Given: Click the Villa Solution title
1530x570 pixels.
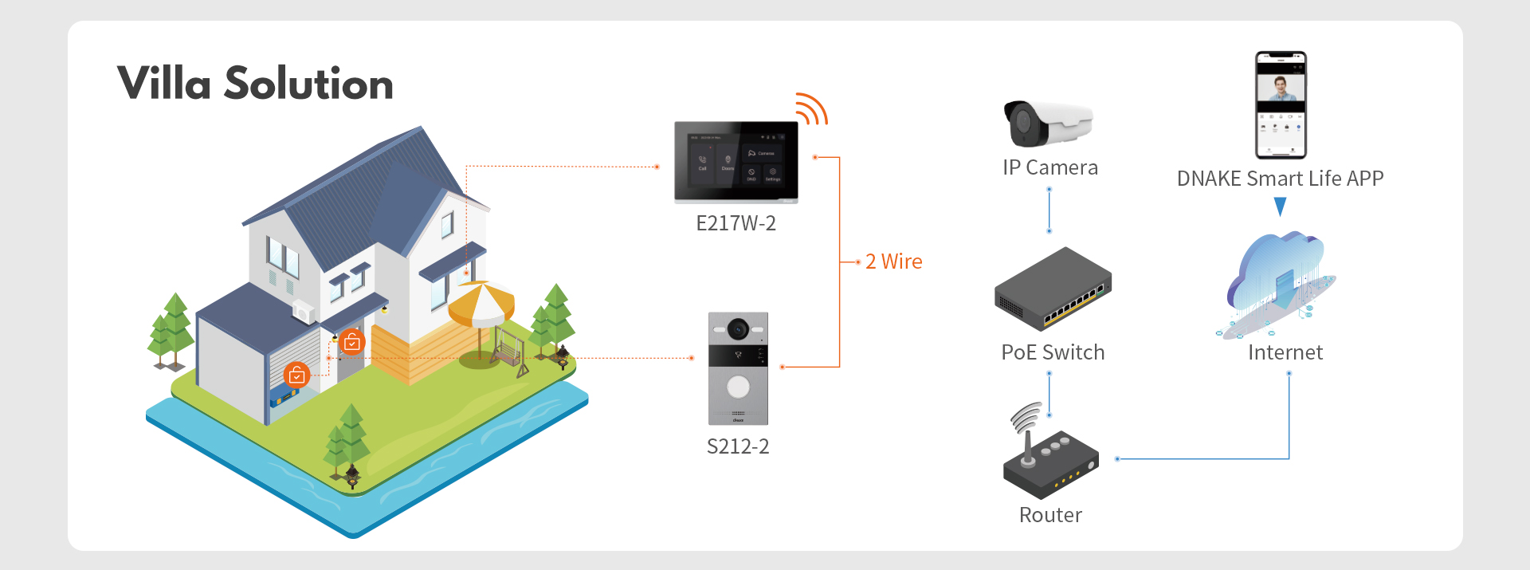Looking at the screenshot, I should (255, 84).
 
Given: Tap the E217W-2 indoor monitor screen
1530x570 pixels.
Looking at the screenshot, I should (736, 161).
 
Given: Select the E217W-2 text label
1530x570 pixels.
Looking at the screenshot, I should (736, 223).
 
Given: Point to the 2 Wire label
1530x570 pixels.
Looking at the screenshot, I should (893, 261).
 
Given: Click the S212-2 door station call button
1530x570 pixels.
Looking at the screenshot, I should (738, 387).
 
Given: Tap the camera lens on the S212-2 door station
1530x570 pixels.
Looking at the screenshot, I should (738, 328).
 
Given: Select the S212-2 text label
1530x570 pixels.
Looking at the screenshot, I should (738, 446).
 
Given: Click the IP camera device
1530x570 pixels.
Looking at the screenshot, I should (1047, 124).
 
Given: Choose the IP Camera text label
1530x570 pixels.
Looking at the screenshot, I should (1049, 167).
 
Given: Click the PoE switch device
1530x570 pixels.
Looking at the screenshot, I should (1052, 289).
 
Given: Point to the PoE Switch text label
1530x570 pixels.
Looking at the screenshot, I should (1053, 352).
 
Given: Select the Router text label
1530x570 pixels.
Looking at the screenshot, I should (1050, 515).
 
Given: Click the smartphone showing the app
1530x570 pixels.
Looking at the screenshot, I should (1281, 105).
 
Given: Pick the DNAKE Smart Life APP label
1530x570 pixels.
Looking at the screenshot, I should (1280, 179).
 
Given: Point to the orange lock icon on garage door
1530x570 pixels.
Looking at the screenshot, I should (296, 375).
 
